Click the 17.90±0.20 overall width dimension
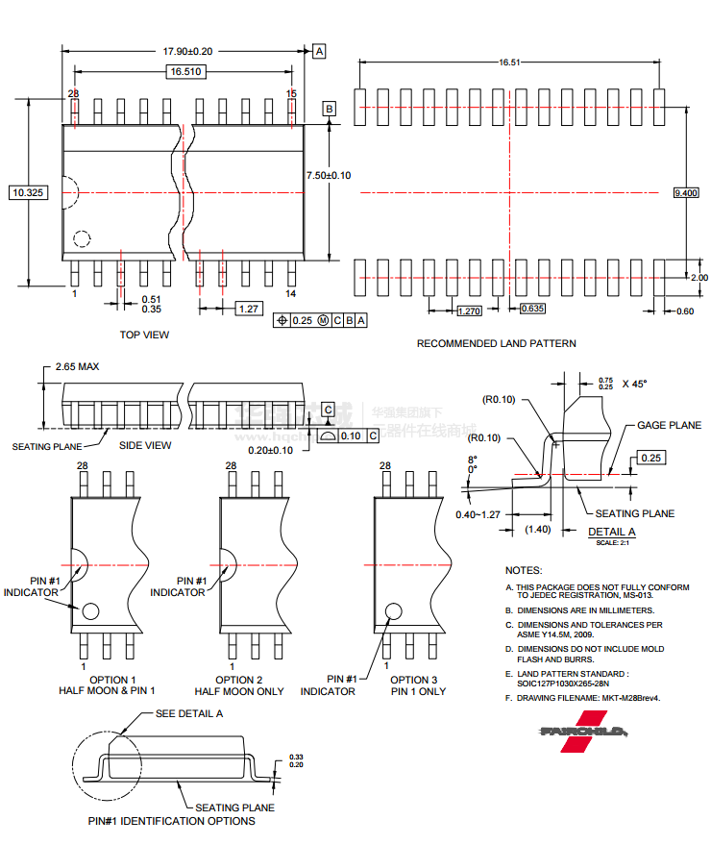(x=186, y=50)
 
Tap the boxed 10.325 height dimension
(x=28, y=192)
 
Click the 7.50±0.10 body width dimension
(x=329, y=175)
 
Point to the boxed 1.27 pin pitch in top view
(x=249, y=309)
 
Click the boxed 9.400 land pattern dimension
(x=686, y=193)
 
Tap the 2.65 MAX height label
(x=77, y=366)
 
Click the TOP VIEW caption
(x=144, y=335)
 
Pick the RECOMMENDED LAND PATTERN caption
(x=496, y=343)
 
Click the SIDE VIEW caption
(x=145, y=445)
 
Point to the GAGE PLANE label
(x=669, y=425)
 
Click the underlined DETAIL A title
(x=611, y=532)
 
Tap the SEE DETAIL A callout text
(x=189, y=713)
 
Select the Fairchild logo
(x=583, y=731)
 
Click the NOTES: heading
(x=524, y=570)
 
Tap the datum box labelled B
(x=330, y=110)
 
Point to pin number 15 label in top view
(x=291, y=92)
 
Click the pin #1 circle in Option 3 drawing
(x=394, y=611)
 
